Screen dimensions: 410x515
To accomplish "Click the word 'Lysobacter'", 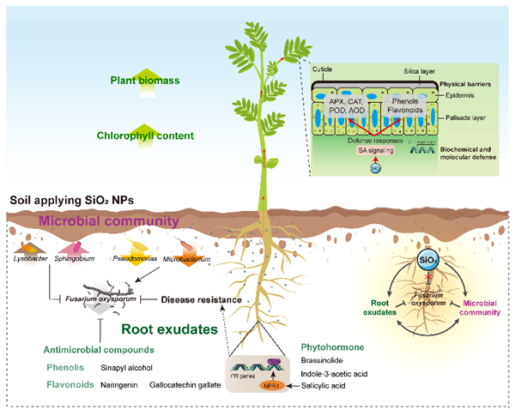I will (x=31, y=256).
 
